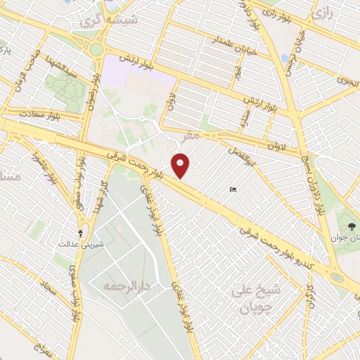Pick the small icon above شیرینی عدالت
coord(80,232)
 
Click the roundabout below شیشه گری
coord(96,49)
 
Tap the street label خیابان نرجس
coord(300,46)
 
